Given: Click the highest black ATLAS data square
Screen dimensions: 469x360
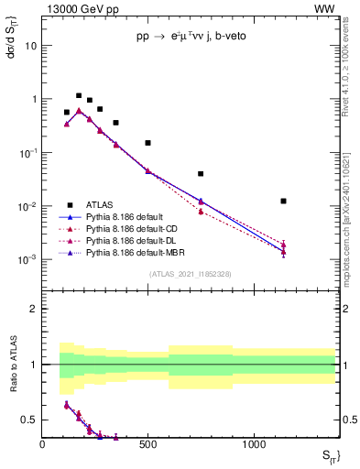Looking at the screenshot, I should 79,95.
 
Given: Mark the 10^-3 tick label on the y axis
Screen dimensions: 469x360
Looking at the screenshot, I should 27,259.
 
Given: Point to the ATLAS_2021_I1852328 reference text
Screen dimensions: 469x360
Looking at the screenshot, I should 190,274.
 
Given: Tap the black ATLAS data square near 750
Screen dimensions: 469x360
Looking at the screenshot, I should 201,173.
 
